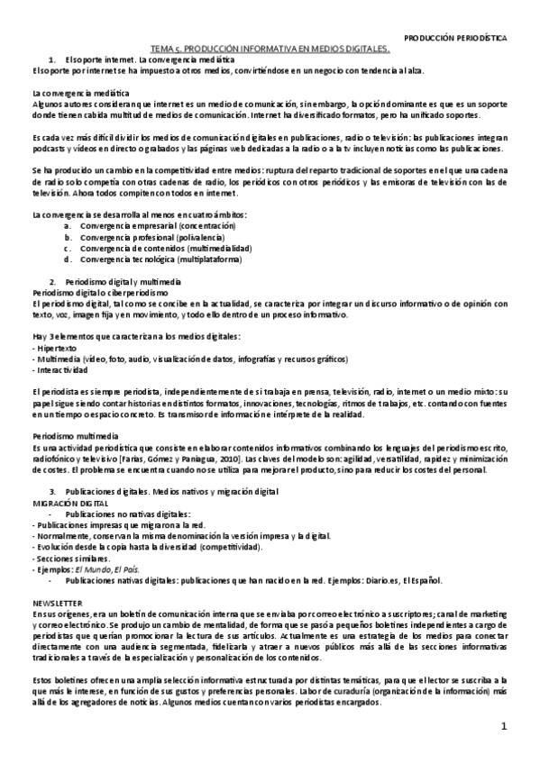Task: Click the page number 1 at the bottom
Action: [x=505, y=726]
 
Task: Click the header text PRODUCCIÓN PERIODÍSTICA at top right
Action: [x=454, y=40]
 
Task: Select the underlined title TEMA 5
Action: [x=270, y=50]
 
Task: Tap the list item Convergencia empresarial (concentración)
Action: [x=145, y=225]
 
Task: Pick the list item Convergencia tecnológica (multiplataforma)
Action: [x=147, y=259]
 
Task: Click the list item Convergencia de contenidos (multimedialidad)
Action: [x=152, y=248]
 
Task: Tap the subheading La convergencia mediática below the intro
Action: [x=82, y=94]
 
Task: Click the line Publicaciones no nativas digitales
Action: [x=123, y=512]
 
